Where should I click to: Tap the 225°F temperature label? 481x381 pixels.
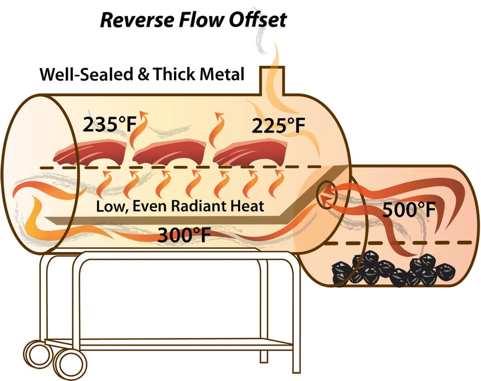tap(278, 127)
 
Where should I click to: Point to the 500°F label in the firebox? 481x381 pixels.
tap(409, 210)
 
